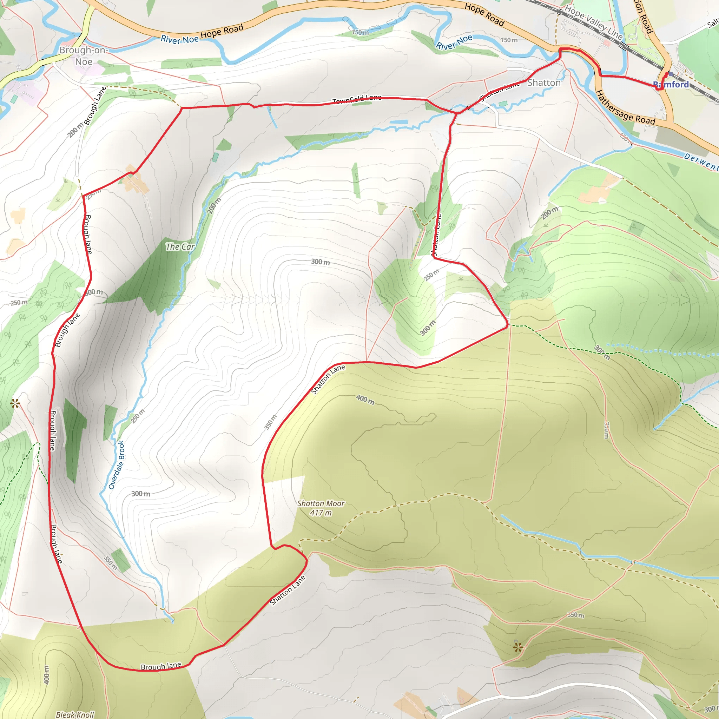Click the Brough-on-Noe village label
(84, 56)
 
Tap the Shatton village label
(544, 83)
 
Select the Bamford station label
(671, 85)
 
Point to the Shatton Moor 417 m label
(321, 508)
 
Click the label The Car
(180, 247)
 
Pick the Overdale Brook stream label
(116, 465)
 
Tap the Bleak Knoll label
(75, 714)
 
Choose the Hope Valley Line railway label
(594, 22)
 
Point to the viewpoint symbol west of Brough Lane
(15, 403)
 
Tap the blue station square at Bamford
(671, 74)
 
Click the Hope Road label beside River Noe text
(222, 31)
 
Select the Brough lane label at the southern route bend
(161, 666)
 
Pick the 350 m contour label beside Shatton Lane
(271, 422)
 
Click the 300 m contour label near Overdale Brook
(141, 494)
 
